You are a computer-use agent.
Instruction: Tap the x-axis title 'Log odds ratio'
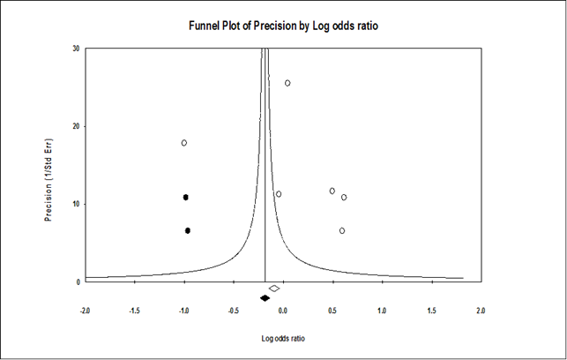(x=282, y=338)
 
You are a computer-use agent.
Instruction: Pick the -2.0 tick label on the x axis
(x=86, y=311)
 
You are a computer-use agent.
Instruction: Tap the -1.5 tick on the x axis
(x=135, y=311)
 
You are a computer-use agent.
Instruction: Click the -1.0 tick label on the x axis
(x=184, y=311)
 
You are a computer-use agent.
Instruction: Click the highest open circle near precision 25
(x=287, y=83)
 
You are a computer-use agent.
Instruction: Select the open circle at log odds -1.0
(x=184, y=143)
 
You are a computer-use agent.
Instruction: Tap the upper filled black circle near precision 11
(x=186, y=197)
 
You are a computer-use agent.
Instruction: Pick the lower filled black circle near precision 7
(x=188, y=230)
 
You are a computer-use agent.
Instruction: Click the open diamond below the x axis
(x=274, y=289)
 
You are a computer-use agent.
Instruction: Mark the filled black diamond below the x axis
(x=265, y=298)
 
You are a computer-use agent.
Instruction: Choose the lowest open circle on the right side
(x=342, y=230)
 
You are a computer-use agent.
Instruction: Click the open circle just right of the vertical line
(x=279, y=194)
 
